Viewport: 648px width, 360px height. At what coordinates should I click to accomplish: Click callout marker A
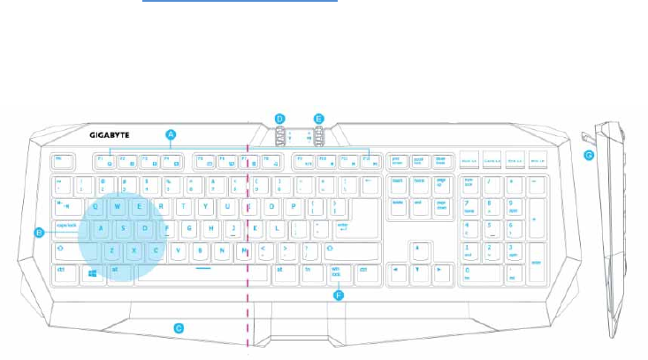[x=172, y=134]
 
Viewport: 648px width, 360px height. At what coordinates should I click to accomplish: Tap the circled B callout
[x=39, y=233]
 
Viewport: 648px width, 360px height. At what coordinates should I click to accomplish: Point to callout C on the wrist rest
[x=178, y=328]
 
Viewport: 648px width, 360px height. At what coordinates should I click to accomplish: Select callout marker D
[x=279, y=118]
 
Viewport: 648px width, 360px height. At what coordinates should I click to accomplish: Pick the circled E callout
[x=319, y=118]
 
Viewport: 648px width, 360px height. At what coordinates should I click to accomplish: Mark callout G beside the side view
[x=589, y=156]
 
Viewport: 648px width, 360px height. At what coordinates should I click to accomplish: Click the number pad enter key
[x=534, y=263]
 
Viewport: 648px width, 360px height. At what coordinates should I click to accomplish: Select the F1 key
[x=103, y=161]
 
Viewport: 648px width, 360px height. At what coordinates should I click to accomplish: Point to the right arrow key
[x=438, y=272]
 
